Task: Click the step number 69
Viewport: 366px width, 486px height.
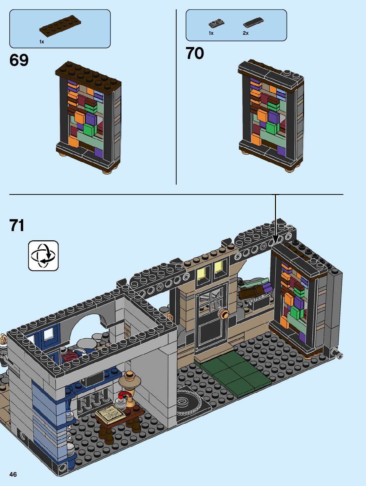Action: click(x=19, y=60)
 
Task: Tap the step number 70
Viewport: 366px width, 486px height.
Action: click(x=195, y=53)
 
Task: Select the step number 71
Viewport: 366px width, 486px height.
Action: click(x=17, y=225)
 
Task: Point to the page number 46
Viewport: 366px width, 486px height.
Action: click(x=13, y=474)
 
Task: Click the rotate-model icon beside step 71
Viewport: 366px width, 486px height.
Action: click(x=43, y=256)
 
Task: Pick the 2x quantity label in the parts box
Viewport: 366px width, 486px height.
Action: click(x=246, y=33)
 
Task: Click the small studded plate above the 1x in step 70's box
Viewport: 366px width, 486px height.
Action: click(x=216, y=24)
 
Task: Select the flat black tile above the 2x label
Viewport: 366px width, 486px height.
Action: click(x=253, y=22)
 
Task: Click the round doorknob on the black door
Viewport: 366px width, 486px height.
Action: click(x=225, y=314)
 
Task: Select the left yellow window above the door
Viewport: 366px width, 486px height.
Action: click(x=201, y=273)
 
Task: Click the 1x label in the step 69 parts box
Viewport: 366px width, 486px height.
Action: click(x=42, y=42)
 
